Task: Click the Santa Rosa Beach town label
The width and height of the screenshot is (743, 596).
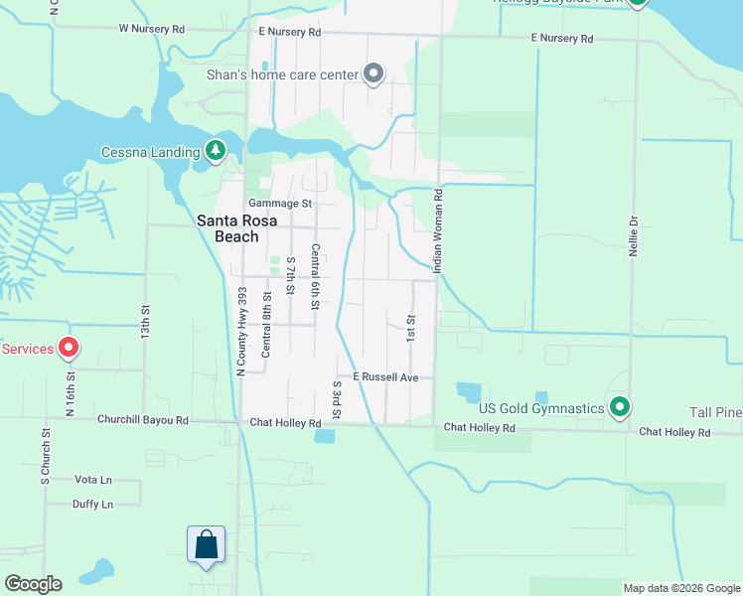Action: pos(227,228)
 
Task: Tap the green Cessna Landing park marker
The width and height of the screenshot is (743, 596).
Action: pos(215,151)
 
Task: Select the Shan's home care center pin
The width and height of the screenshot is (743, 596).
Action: pos(373,74)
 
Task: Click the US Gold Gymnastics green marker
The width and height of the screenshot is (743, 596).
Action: pos(620,407)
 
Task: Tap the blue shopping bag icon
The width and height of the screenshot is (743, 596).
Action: pos(206,545)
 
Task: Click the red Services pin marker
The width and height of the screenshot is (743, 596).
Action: pos(69,348)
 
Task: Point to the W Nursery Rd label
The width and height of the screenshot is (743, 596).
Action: pos(151,30)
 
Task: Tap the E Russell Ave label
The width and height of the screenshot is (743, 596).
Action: pos(383,377)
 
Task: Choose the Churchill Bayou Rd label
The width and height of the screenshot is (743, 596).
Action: pos(142,419)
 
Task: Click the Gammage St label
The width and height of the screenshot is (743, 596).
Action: pos(280,203)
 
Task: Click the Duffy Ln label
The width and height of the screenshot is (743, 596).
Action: pos(92,504)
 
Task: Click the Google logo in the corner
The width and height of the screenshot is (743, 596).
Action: pos(33,584)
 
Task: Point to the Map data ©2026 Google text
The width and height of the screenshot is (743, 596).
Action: pos(680,588)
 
